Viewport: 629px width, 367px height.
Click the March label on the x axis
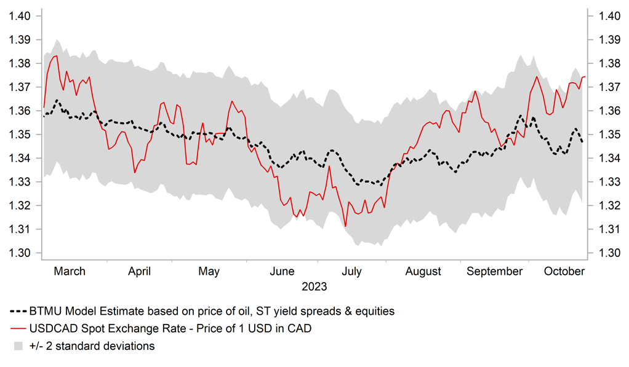(x=70, y=271)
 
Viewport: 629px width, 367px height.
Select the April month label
(x=140, y=271)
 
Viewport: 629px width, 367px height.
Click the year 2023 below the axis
(x=314, y=286)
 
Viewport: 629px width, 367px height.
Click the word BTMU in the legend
(x=45, y=311)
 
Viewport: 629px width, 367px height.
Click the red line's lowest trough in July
(x=346, y=227)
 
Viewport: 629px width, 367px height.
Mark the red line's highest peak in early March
(x=56, y=56)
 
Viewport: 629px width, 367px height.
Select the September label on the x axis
(x=494, y=271)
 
